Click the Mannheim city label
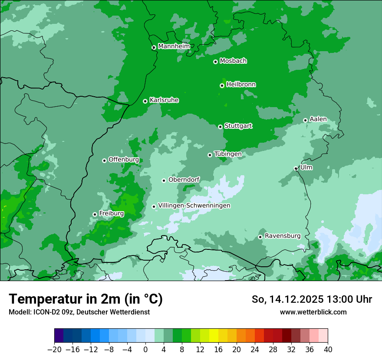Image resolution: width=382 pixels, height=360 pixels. (174, 46)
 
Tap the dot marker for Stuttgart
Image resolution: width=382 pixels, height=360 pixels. (220, 127)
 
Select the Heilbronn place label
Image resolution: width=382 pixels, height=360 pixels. (241, 85)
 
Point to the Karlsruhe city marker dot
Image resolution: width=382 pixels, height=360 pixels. (145, 101)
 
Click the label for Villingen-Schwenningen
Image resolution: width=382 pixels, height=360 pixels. (194, 206)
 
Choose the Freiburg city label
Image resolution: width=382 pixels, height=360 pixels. (111, 213)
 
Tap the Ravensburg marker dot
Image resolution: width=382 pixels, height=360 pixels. (260, 237)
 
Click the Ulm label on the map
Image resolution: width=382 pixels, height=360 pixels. (306, 167)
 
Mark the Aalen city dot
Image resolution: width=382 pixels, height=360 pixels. (305, 120)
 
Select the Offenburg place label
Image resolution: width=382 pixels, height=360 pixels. (123, 160)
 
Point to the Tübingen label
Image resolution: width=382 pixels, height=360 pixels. (227, 154)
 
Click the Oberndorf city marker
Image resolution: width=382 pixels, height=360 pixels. (164, 180)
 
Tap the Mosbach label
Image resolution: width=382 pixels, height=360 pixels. (233, 61)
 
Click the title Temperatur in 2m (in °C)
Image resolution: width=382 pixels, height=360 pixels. (86, 299)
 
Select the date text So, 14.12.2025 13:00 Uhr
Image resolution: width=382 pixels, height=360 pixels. (312, 299)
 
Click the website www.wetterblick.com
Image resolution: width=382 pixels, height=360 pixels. (313, 312)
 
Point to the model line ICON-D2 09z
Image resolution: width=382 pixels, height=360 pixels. (79, 312)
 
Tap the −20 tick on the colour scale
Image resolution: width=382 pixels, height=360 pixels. (54, 350)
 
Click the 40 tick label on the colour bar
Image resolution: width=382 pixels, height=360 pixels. (328, 350)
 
